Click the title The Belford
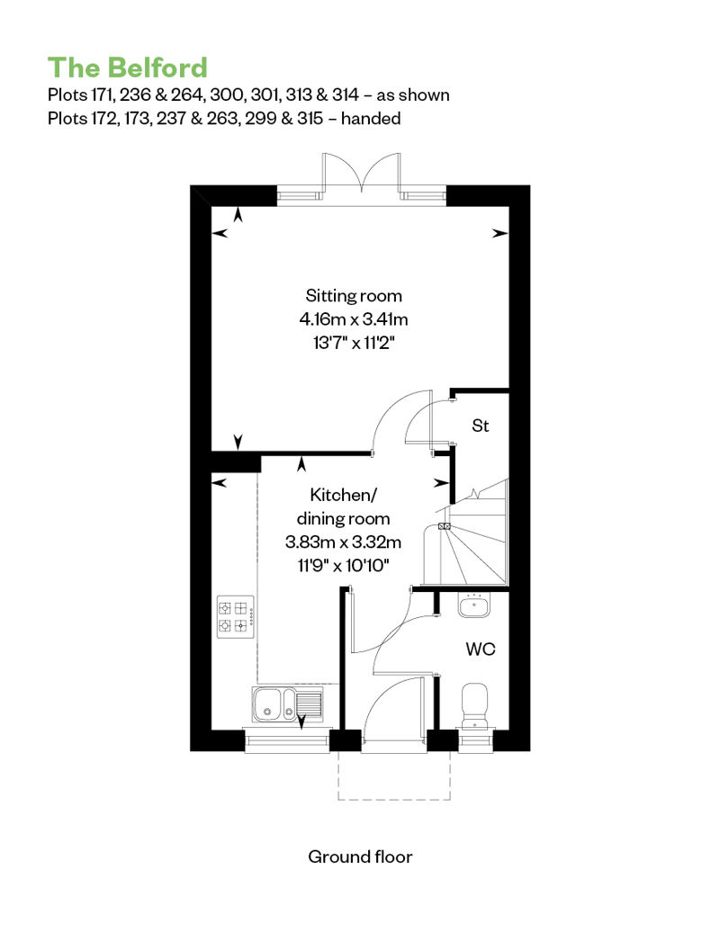pos(127,67)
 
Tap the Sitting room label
pos(354,295)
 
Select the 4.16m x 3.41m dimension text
pos(354,319)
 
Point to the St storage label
pos(481,426)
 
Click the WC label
pos(481,649)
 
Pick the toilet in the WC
pos(474,705)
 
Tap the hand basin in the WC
pos(474,605)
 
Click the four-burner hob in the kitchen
pos(236,617)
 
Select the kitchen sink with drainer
pos(287,704)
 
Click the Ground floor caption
pos(360,856)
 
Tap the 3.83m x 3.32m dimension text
pos(343,542)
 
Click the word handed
pos(371,118)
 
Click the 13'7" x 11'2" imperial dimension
pos(354,343)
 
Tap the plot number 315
pos(310,118)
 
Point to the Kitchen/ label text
pos(344,495)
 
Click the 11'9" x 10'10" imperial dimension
pos(343,565)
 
